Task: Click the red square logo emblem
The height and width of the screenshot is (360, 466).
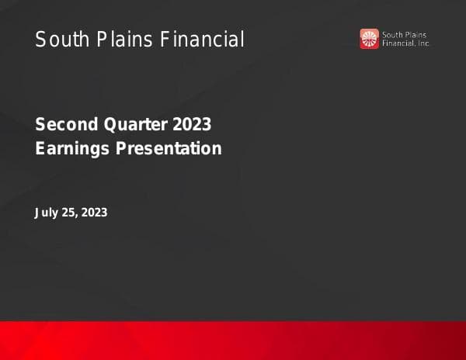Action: [x=369, y=39]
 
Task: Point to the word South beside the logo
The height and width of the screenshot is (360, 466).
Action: [x=393, y=35]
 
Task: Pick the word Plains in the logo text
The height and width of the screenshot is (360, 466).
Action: [x=416, y=35]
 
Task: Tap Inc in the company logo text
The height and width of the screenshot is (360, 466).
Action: [x=424, y=43]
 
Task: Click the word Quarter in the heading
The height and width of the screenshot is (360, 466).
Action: [x=132, y=125]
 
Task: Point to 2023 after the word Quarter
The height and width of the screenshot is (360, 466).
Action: [x=192, y=125]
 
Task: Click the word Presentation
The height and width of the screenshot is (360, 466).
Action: [x=169, y=148]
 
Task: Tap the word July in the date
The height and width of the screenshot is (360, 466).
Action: [x=47, y=212]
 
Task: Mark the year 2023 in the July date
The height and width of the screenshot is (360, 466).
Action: [x=95, y=212]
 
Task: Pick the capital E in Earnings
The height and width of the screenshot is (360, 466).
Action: [x=40, y=148]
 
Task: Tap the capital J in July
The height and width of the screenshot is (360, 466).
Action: [x=38, y=212]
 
